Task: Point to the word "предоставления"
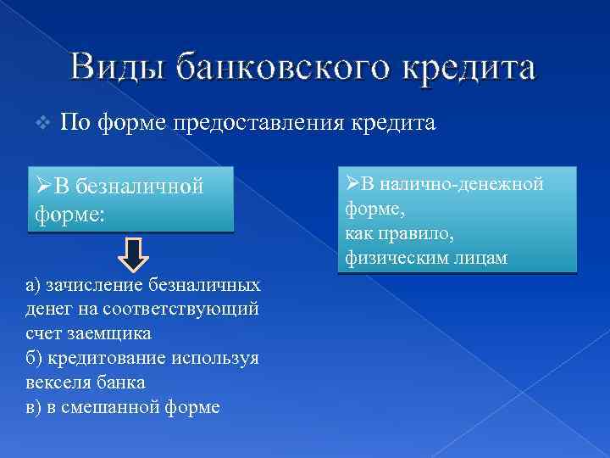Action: (x=258, y=124)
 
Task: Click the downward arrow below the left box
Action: (x=131, y=253)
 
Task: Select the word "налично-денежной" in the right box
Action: (x=463, y=184)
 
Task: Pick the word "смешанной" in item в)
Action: (x=122, y=407)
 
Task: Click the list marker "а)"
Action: (x=35, y=284)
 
